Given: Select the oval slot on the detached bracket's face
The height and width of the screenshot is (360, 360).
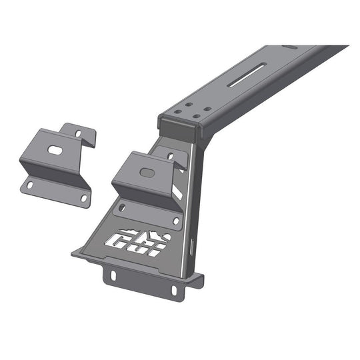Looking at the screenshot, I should point(55,151).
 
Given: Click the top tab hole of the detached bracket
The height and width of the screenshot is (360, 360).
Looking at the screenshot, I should point(79,133).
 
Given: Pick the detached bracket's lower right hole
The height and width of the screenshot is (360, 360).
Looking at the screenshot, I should point(85,198).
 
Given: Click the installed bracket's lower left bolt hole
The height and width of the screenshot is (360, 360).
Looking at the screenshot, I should point(121,209).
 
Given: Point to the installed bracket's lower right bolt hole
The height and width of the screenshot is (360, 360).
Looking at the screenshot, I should point(176,221).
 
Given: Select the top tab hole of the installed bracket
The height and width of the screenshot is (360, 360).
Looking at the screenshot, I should point(171,156).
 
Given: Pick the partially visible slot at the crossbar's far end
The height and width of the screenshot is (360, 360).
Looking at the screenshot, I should point(291,47).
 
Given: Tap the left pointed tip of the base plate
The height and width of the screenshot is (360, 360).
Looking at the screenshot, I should point(73,254).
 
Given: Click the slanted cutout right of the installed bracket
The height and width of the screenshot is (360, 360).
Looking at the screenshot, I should point(177,190).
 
